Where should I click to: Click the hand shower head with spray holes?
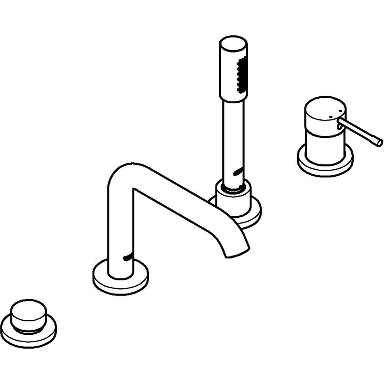click(x=233, y=69)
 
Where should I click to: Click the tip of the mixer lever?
click(x=380, y=142)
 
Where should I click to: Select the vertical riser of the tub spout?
click(x=120, y=230)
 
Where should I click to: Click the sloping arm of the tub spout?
click(x=184, y=196)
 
